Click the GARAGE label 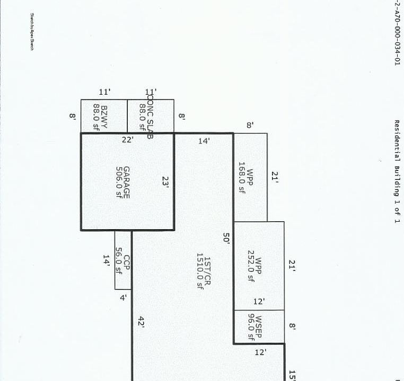tap(127, 183)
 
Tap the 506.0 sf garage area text tap(119, 183)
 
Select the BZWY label tap(104, 116)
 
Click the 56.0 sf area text tap(119, 260)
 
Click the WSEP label tap(259, 328)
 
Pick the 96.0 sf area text tap(251, 328)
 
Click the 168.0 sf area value tap(242, 178)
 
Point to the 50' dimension tap(226, 238)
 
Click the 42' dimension tap(141, 322)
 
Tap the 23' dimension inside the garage tap(165, 182)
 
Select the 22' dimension tap(127, 140)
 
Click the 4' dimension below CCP tap(123, 298)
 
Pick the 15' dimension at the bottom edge tap(292, 375)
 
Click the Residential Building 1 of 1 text tap(396, 171)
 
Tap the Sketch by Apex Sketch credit tap(32, 40)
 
